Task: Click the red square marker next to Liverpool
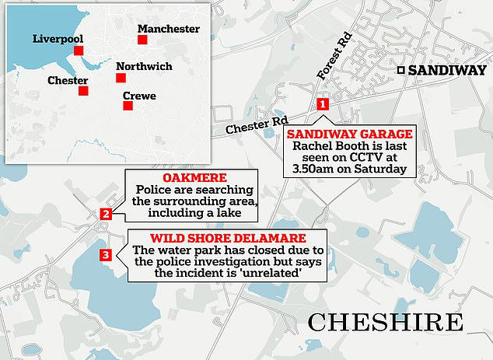tap(79, 51)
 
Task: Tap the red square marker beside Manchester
tap(142, 40)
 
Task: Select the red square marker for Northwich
tap(121, 78)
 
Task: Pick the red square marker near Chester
tap(82, 91)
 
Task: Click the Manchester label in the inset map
tap(169, 29)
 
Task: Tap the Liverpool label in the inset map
tap(58, 38)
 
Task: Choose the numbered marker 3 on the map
tap(107, 253)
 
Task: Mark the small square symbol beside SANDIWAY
tap(400, 70)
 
